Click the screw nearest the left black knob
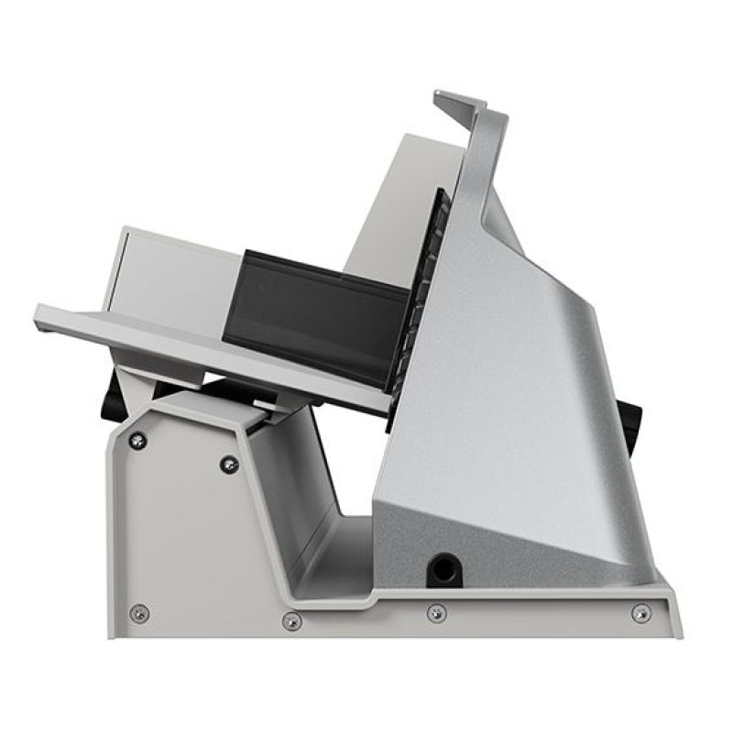pos(138,440)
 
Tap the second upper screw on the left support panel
pos(228,465)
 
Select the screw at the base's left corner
pos(138,613)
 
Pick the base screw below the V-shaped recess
pos(291,621)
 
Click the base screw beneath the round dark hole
pos(437,612)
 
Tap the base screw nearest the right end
pos(640,611)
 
